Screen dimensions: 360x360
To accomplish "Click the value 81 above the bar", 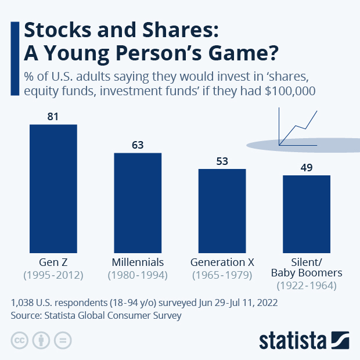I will (53, 117).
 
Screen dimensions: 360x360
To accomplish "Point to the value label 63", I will (138, 145).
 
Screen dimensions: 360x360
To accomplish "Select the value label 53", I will (222, 161).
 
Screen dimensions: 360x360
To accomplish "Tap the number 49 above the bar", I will (307, 167).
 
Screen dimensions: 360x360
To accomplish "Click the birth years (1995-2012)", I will (53, 275).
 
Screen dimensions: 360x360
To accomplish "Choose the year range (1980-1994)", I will (138, 275).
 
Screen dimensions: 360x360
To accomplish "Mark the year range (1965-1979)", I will (222, 275).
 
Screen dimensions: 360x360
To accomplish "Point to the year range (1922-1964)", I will (307, 285).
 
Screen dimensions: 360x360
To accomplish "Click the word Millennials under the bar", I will (138, 262).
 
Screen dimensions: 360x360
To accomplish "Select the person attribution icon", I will (41, 340).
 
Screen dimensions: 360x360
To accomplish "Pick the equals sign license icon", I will (62, 340).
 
